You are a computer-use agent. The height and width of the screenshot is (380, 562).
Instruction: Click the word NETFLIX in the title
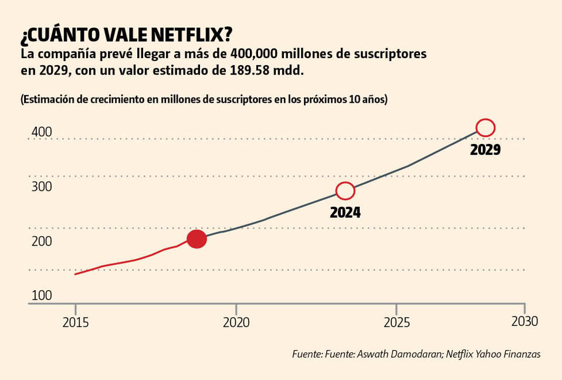(x=189, y=35)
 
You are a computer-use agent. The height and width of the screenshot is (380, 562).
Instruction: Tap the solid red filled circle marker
(x=197, y=238)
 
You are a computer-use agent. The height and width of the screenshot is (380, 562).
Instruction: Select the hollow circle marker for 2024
(x=346, y=190)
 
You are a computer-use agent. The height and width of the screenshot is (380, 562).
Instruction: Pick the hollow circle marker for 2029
(x=486, y=127)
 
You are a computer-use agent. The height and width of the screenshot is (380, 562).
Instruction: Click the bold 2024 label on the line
(x=345, y=212)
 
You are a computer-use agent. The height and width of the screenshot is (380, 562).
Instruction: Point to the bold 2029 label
(x=485, y=150)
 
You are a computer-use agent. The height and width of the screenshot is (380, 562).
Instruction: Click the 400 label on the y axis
(x=42, y=132)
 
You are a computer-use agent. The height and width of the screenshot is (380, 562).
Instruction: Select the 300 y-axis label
(x=42, y=187)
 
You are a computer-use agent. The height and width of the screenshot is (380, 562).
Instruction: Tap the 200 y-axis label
(x=42, y=241)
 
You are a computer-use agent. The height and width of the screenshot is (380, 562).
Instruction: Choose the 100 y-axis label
(x=42, y=295)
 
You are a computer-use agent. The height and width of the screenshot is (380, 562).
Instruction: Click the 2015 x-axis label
(x=75, y=322)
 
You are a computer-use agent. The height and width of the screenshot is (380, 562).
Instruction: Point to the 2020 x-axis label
(x=236, y=322)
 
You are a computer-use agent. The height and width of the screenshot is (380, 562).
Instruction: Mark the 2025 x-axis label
(x=397, y=322)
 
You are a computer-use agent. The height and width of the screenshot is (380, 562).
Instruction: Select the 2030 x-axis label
(x=524, y=322)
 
